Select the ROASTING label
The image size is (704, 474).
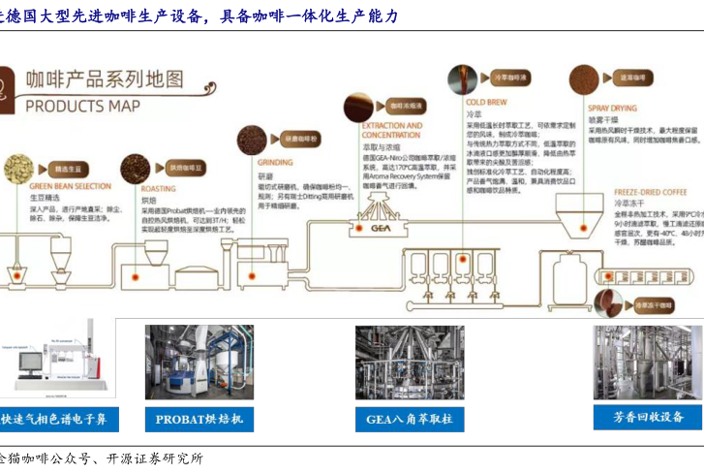(x=158, y=189)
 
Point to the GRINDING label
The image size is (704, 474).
(x=275, y=163)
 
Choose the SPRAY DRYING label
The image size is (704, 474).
(x=612, y=109)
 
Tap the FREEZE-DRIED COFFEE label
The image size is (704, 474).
(x=651, y=192)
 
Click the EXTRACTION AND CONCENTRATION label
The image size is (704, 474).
(x=391, y=130)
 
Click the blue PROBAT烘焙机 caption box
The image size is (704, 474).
(x=199, y=419)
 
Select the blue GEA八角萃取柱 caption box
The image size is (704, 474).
(x=409, y=419)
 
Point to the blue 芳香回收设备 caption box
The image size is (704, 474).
(x=648, y=417)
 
